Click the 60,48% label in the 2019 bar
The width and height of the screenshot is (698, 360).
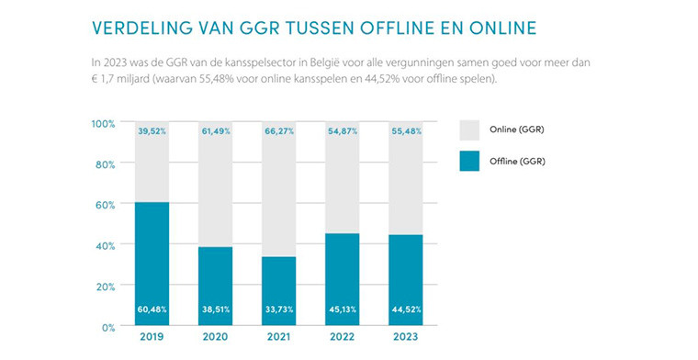[152, 309]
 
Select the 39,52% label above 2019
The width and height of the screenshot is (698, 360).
[152, 131]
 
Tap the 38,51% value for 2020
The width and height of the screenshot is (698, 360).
[215, 309]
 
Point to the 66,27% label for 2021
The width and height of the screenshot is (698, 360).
[277, 131]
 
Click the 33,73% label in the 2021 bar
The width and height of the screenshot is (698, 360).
[277, 309]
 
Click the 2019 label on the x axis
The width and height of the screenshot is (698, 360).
[152, 337]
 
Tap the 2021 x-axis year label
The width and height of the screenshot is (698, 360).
[277, 337]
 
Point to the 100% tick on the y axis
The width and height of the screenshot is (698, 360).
[103, 123]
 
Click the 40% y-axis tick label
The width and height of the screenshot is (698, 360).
[105, 245]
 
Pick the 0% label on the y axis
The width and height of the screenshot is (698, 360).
[107, 327]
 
